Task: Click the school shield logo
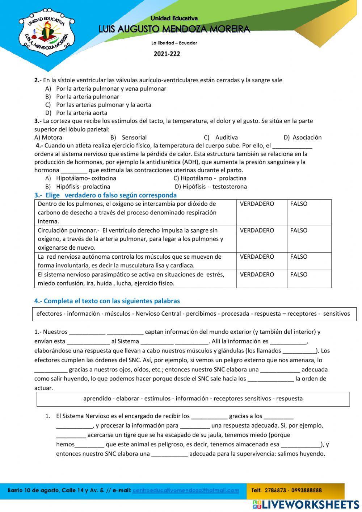[x=46, y=33]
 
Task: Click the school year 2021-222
[x=167, y=54]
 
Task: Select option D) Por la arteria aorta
[x=77, y=113]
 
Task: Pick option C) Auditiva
[x=221, y=137]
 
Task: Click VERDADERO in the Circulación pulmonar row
[x=257, y=230]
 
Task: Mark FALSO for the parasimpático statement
[x=299, y=275]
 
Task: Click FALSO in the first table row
[x=299, y=204]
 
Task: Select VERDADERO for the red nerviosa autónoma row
[x=257, y=257]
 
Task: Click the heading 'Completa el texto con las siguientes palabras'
[x=107, y=301]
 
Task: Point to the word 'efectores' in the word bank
[x=49, y=314]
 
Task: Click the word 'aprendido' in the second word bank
[x=97, y=399]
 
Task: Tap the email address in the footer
[x=186, y=491]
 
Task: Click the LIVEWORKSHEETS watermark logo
[x=306, y=505]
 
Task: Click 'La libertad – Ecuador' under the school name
[x=174, y=43]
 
